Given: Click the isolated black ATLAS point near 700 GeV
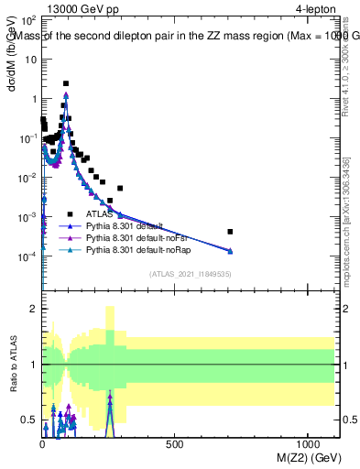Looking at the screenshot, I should [x=230, y=232].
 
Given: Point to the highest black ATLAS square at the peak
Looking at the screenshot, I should [x=66, y=83].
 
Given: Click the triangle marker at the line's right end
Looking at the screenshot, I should [x=230, y=251].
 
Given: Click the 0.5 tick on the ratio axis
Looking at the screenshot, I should [x=30, y=420].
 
